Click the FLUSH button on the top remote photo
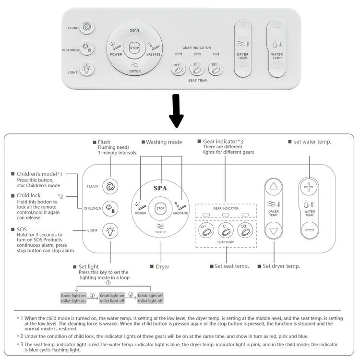pos(87,27)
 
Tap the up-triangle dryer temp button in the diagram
pos(273,187)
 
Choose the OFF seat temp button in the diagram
pos(205,230)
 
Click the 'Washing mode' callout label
pos(162,142)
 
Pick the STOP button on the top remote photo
pos(134,48)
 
